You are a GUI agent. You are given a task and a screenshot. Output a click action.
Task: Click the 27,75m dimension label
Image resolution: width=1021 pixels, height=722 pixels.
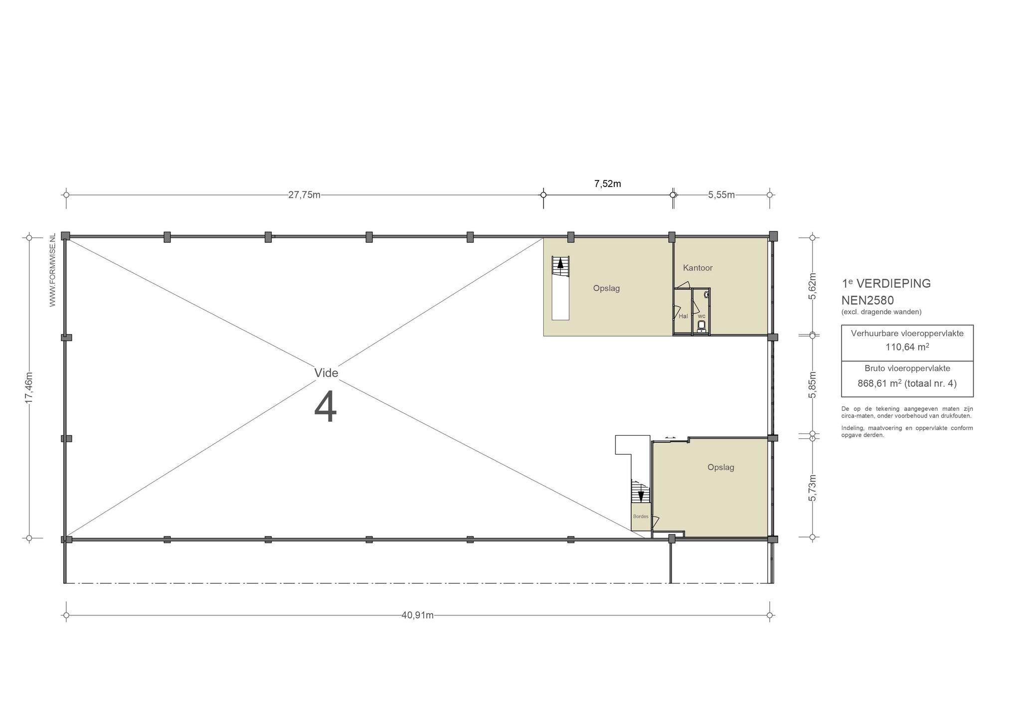pos(304,195)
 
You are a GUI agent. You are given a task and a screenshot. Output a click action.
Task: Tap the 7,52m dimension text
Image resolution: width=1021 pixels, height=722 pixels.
pos(607,183)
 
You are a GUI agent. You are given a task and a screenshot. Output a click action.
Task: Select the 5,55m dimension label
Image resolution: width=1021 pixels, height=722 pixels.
pos(721,195)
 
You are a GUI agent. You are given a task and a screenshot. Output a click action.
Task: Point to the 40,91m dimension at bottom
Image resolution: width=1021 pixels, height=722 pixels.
pos(417,615)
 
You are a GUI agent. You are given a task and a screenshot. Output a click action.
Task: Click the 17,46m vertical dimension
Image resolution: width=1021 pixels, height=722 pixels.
pos(29,387)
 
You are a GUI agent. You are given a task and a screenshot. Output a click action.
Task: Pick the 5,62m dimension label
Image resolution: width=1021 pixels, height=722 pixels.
pos(812,286)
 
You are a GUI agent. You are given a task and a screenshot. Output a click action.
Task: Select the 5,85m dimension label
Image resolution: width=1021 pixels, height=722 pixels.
pos(812,385)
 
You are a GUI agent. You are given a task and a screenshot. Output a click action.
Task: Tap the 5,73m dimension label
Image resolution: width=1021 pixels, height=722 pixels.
pos(812,488)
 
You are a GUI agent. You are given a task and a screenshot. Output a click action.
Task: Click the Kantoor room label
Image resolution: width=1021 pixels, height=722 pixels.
pos(697,268)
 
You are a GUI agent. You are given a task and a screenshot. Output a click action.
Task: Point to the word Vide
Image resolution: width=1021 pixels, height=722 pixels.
pos(326,373)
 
